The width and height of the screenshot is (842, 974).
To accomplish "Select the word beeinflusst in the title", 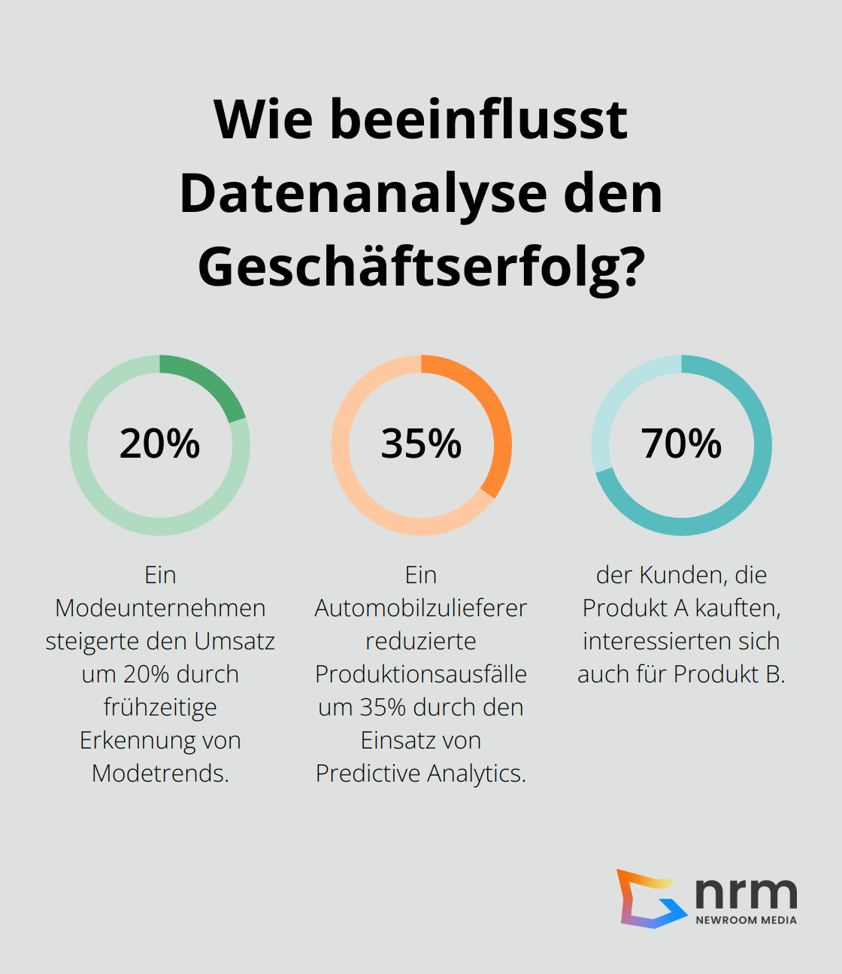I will click(x=478, y=120).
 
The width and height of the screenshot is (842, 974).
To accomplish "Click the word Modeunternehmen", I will click(x=160, y=608).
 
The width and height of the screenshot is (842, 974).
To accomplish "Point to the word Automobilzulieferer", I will click(x=421, y=608).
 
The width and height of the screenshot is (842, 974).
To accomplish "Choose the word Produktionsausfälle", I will click(x=421, y=674).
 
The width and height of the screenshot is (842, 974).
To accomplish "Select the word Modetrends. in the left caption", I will click(x=160, y=773).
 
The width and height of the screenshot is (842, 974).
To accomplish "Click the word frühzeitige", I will click(x=160, y=707).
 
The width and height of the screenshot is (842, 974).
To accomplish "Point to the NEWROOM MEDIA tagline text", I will click(x=746, y=920).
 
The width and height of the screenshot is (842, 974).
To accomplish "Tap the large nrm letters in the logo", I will click(x=746, y=893).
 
